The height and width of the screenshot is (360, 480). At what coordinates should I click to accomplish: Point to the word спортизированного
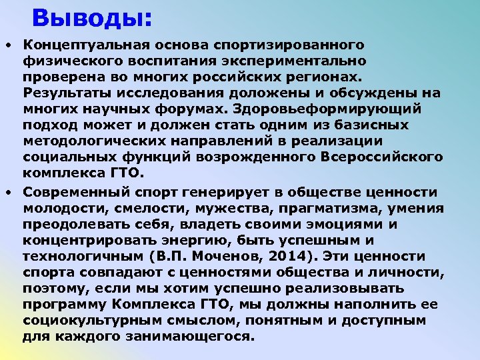[289, 45]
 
